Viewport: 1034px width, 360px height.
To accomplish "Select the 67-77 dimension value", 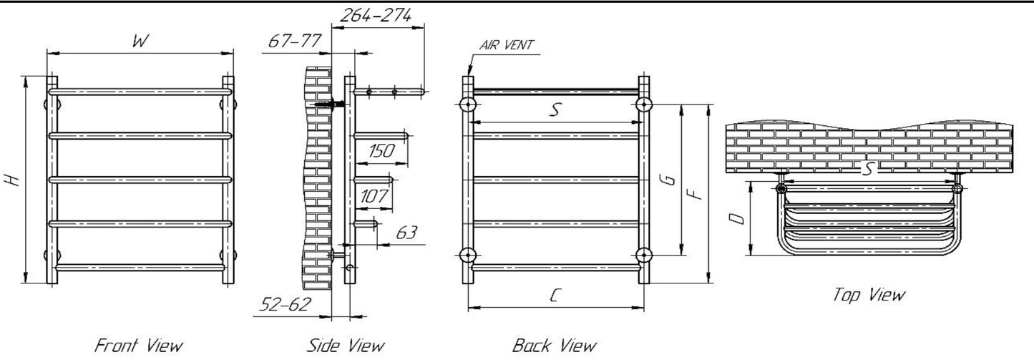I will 294,42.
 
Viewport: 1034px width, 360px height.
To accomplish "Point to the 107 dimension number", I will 375,195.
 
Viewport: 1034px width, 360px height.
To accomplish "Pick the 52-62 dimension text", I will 286,304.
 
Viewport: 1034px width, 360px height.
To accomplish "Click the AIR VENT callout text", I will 507,45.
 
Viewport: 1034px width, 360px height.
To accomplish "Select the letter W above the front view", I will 140,42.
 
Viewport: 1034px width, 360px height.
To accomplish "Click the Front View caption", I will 139,346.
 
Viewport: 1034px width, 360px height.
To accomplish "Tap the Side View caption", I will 345,346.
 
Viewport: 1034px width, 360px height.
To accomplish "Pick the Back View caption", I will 554,346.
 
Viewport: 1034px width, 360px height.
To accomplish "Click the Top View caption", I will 869,294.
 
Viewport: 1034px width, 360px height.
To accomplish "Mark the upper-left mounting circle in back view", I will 467,104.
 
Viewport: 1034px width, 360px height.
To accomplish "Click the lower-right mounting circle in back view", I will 643,255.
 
